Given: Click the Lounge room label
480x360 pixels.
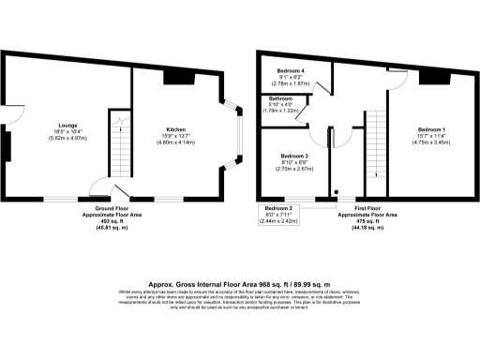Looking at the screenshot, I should pos(67,125).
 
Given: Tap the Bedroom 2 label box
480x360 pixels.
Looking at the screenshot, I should pos(278,207).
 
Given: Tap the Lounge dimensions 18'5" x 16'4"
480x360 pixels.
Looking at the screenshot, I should pos(67,132).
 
